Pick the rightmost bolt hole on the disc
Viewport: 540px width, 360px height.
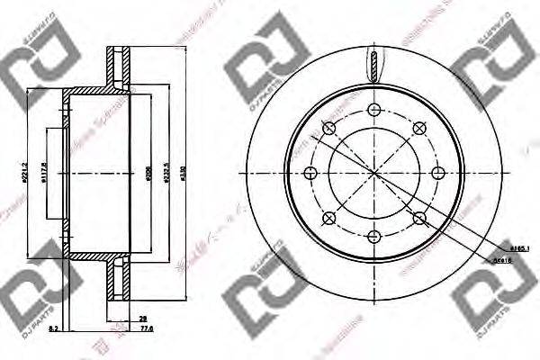(438, 173)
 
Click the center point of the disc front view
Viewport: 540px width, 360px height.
(373, 173)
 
